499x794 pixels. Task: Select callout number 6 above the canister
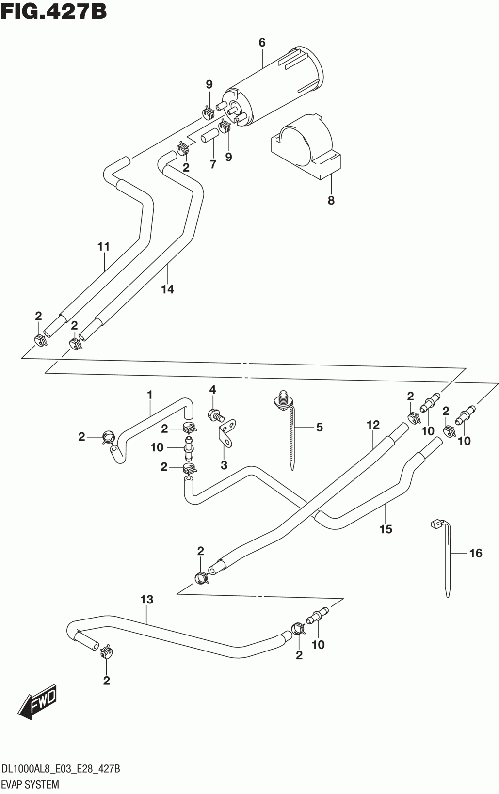(262, 43)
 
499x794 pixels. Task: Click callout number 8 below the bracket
(331, 200)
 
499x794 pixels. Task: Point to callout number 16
(476, 553)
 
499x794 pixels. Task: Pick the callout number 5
(319, 427)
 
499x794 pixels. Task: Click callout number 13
(146, 600)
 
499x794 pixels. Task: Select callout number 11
(103, 247)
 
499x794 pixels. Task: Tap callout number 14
(168, 289)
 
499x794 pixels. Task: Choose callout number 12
(372, 425)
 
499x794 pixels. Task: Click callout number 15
(386, 529)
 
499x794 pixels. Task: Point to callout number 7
(213, 164)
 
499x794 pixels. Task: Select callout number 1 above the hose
(150, 395)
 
